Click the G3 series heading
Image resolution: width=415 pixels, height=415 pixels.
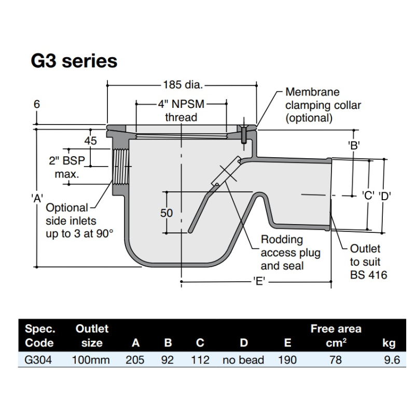pyautogui.click(x=74, y=61)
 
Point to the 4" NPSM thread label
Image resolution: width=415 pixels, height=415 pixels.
pyautogui.click(x=181, y=110)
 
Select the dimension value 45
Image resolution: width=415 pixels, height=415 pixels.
pyautogui.click(x=91, y=140)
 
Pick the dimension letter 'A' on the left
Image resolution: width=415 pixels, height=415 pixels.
pyautogui.click(x=36, y=197)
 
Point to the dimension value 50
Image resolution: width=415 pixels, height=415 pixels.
pyautogui.click(x=167, y=213)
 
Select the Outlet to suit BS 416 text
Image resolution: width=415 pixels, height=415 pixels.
pyautogui.click(x=368, y=261)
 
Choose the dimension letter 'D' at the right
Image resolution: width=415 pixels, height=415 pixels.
pyautogui.click(x=384, y=196)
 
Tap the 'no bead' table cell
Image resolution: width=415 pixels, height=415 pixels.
pyautogui.click(x=243, y=359)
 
